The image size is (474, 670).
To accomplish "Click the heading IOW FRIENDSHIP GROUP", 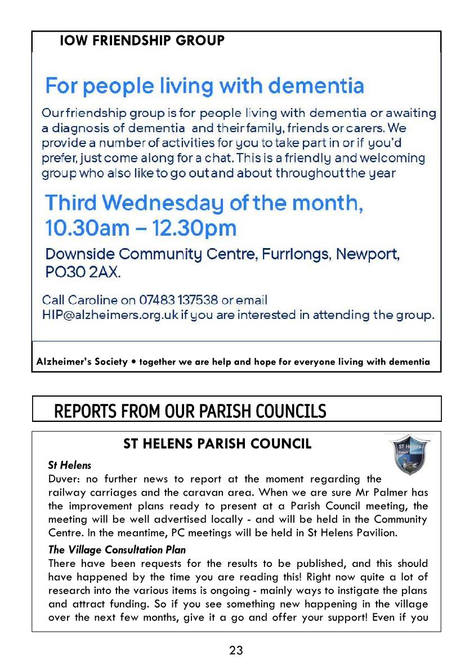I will point(142,41).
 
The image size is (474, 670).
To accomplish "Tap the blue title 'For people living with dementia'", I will point(204,87).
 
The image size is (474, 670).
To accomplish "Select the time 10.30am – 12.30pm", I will point(141,228).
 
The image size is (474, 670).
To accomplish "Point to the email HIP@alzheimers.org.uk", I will point(110,315).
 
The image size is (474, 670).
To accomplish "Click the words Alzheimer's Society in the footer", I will point(82,362).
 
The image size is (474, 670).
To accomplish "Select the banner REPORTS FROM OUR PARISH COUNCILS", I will point(190,411).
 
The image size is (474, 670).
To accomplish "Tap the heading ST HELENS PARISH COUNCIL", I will point(217,444).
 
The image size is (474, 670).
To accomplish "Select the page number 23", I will point(236,651).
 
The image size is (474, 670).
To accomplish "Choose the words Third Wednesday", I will point(133,203).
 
